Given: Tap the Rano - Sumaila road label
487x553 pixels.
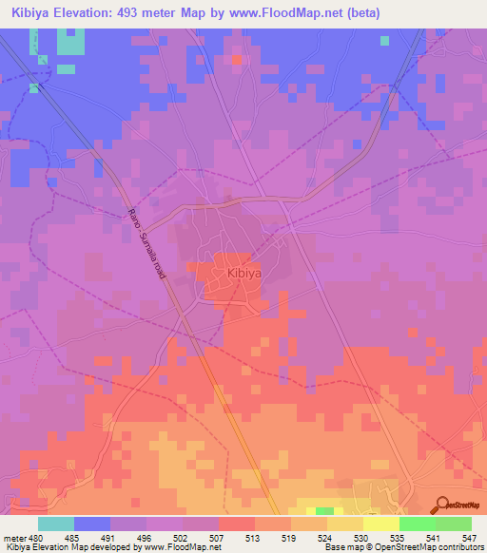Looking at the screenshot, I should [146, 245].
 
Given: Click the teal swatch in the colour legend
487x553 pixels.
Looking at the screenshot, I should [56, 523].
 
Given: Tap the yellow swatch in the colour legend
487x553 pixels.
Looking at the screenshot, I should [380, 523].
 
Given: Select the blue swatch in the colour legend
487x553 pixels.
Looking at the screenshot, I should [92, 523].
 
